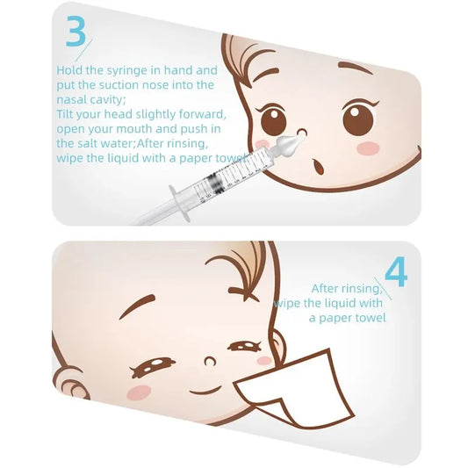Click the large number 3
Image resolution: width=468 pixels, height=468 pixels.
point(76,32)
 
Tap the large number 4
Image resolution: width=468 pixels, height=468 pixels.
point(395,273)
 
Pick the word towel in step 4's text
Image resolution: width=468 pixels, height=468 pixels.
point(369,318)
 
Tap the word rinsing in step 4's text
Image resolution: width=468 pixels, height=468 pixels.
point(359,288)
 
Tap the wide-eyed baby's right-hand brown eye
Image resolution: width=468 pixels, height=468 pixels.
point(359,119)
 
